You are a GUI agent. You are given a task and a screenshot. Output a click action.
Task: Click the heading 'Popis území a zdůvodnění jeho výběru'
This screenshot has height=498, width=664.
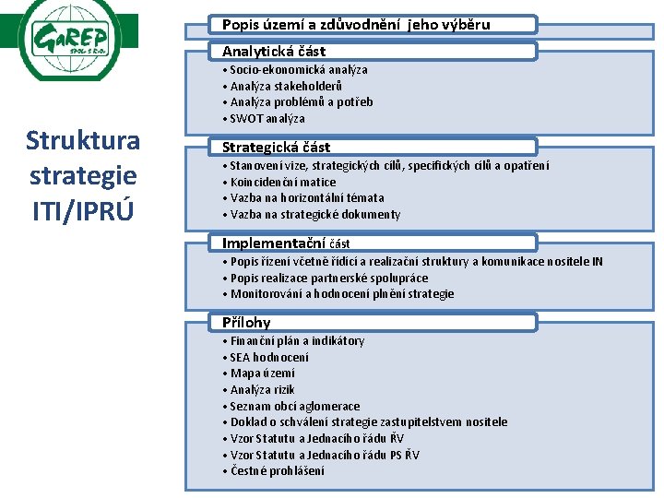[356, 25]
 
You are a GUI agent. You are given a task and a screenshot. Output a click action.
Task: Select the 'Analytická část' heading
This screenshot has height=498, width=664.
[274, 52]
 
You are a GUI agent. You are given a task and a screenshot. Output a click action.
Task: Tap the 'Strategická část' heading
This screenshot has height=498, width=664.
[276, 148]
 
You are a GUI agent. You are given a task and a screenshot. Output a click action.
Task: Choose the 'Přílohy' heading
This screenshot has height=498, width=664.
[246, 323]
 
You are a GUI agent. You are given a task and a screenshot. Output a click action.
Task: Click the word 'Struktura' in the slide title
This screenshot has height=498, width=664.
[83, 141]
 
